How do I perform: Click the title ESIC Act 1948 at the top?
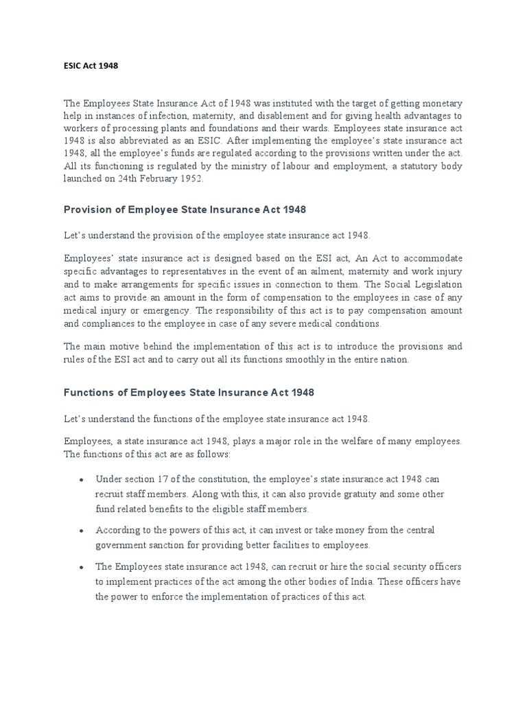pos(91,66)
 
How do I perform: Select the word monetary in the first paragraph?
pos(441,102)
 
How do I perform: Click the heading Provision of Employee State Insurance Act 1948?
pos(185,209)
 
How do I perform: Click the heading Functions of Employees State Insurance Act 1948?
pos(189,393)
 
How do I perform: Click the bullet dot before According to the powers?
pos(82,531)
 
